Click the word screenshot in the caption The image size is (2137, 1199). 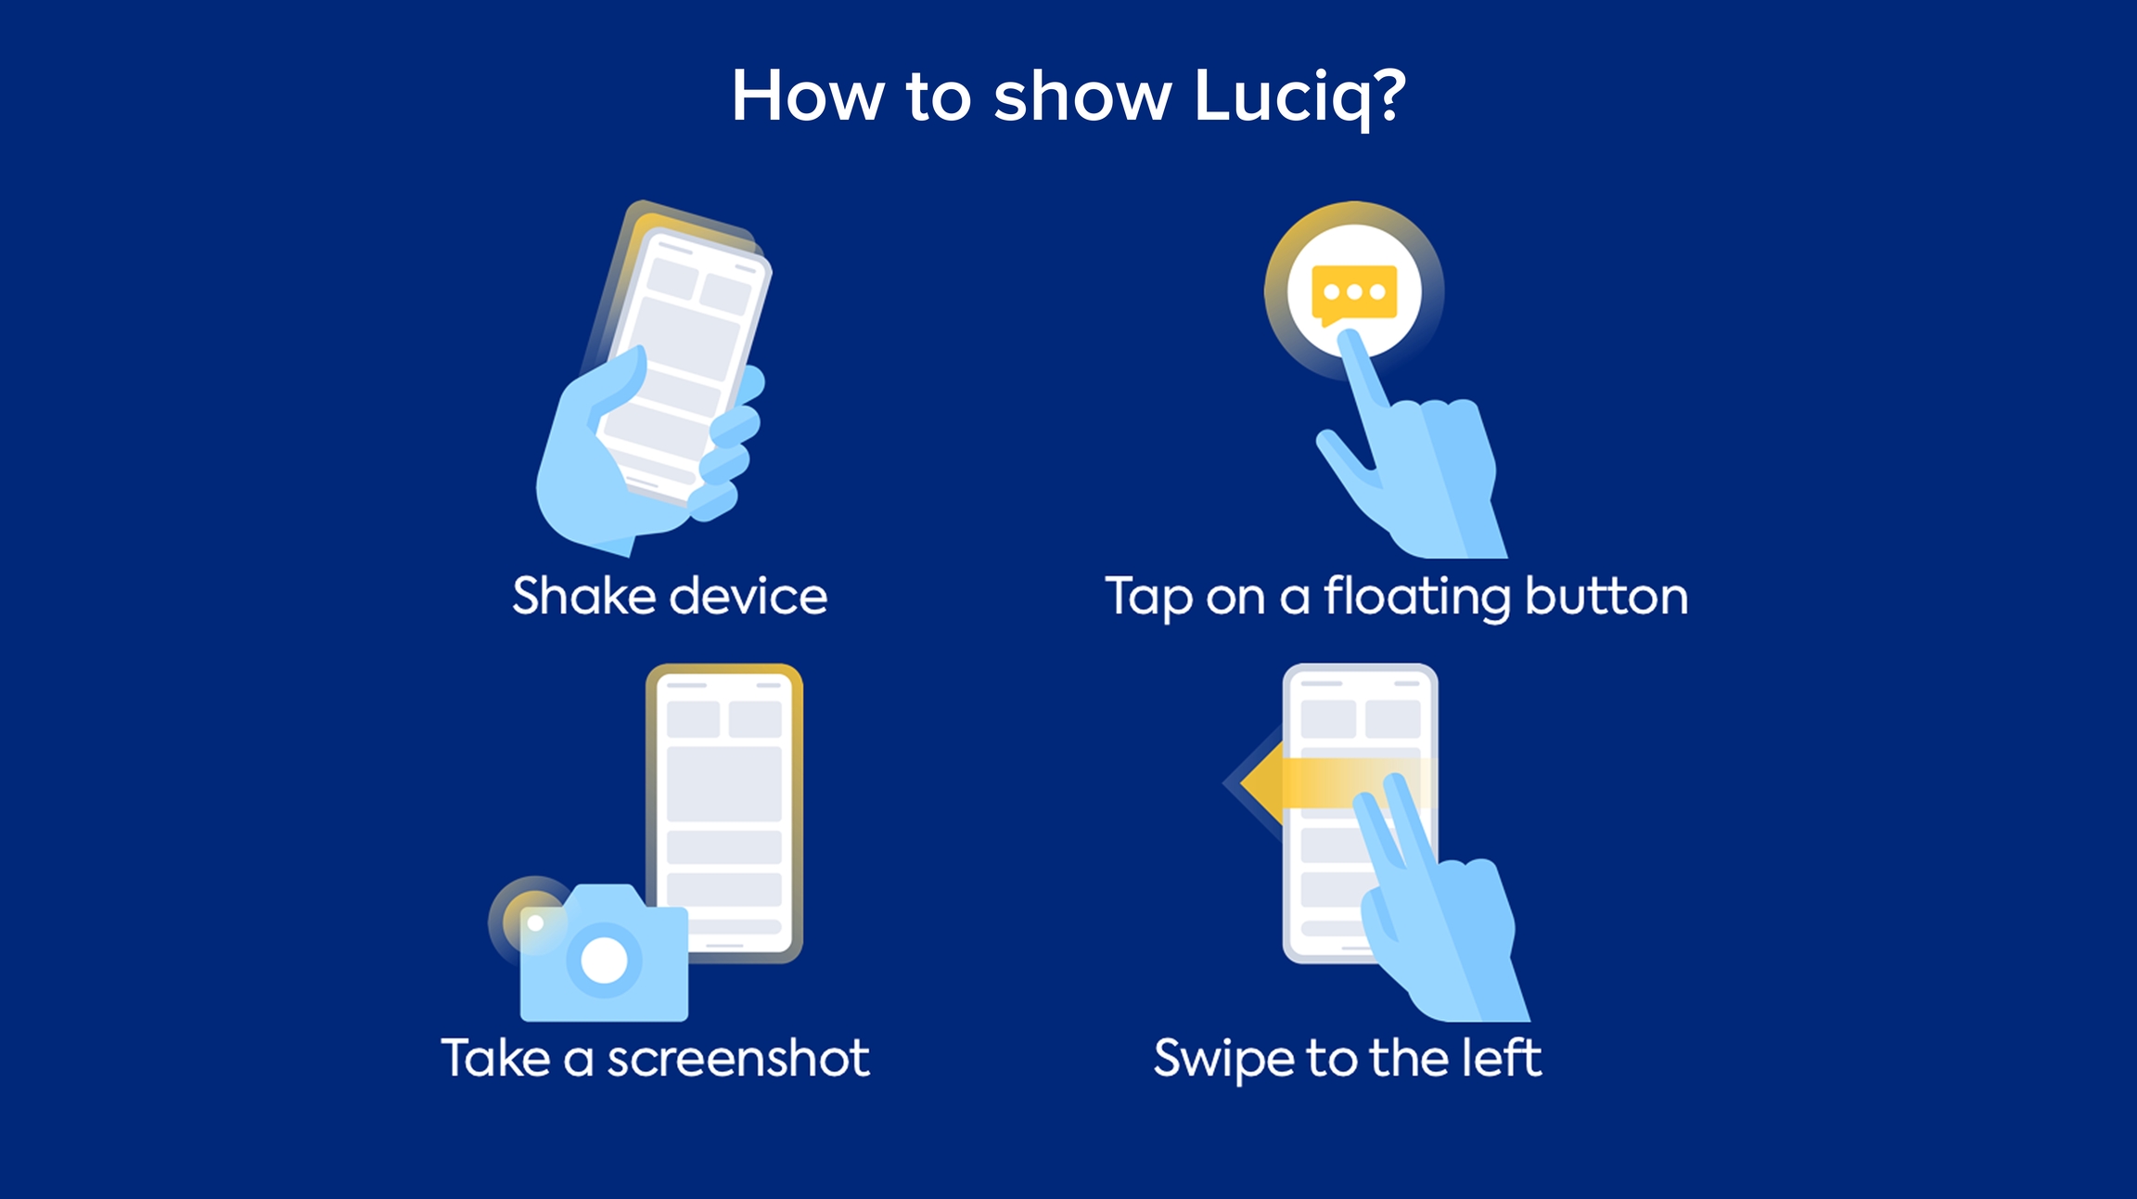coord(738,1058)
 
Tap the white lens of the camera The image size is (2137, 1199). coord(604,960)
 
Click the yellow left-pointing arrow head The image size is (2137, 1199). coord(1262,782)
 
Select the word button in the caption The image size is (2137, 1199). coord(1606,595)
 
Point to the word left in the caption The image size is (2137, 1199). coord(1503,1057)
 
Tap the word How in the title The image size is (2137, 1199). coord(808,96)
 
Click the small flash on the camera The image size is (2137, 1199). coord(535,922)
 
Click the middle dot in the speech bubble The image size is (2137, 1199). coord(1354,291)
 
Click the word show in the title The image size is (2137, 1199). coord(1082,96)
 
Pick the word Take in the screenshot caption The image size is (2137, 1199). coord(496,1058)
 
